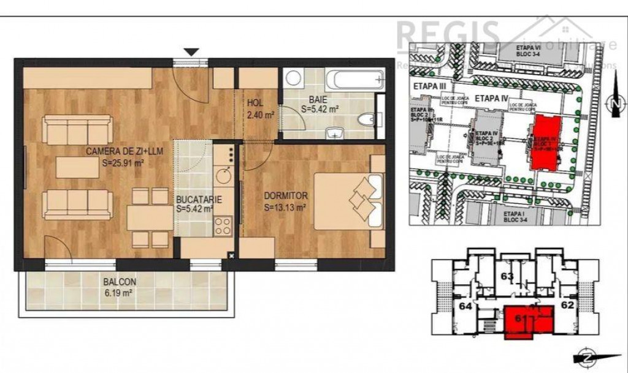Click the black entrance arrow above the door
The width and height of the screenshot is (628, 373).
tap(192, 53)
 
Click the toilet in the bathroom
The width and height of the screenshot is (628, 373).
tap(367, 120)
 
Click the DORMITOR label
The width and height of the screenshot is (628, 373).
tap(285, 197)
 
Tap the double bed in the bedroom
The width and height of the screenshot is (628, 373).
tap(348, 201)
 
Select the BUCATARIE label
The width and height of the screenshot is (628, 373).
tap(194, 200)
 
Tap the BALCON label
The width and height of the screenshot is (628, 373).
tap(120, 282)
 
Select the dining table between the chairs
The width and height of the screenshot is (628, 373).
tap(150, 217)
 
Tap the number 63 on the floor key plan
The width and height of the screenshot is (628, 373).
tap(507, 276)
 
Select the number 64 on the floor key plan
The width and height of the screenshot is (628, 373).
tap(467, 306)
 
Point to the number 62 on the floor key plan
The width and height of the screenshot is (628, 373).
tap(568, 304)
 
